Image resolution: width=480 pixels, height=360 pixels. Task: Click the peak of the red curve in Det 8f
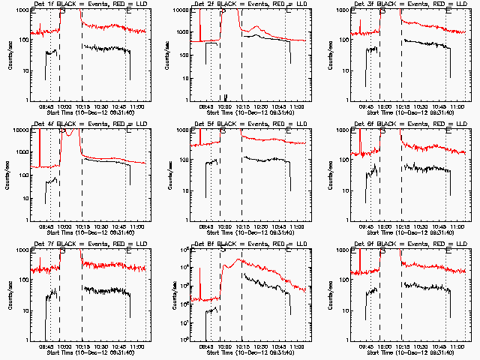pos(238,259)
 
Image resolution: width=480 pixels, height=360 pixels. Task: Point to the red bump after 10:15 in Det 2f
pos(256,29)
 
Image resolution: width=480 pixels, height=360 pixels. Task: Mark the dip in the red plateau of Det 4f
pos(70,133)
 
